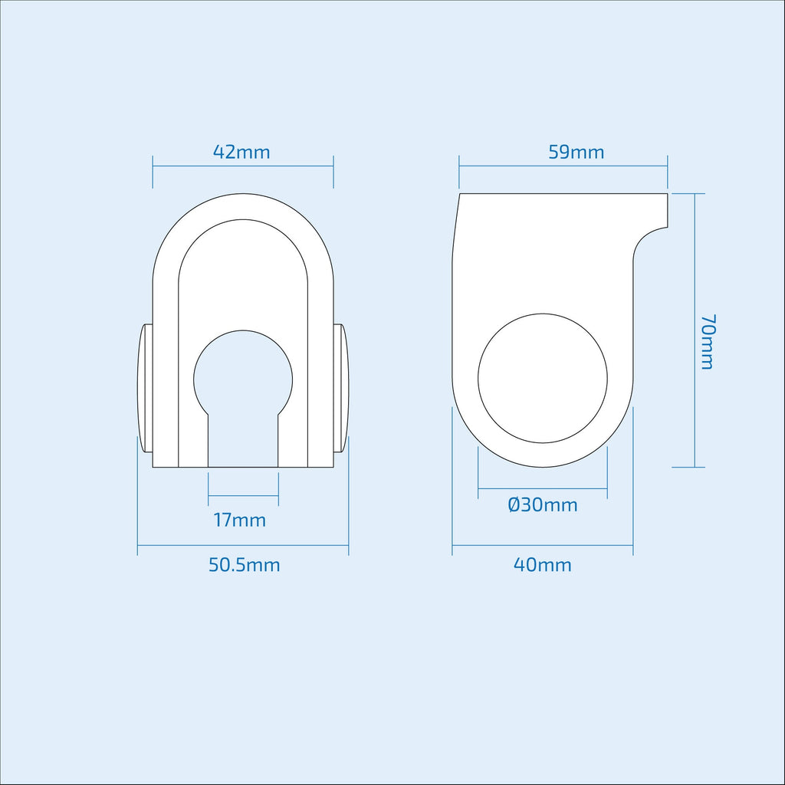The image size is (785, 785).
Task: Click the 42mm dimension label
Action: click(x=241, y=152)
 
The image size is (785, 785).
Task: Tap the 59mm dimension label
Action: click(x=576, y=152)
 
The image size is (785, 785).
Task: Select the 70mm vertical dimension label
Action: click(x=707, y=342)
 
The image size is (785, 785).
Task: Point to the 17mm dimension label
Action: click(x=240, y=521)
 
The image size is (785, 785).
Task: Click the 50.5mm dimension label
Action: click(x=245, y=565)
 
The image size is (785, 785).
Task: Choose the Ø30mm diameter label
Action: click(x=543, y=504)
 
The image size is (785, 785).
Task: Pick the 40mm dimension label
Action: click(x=543, y=565)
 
